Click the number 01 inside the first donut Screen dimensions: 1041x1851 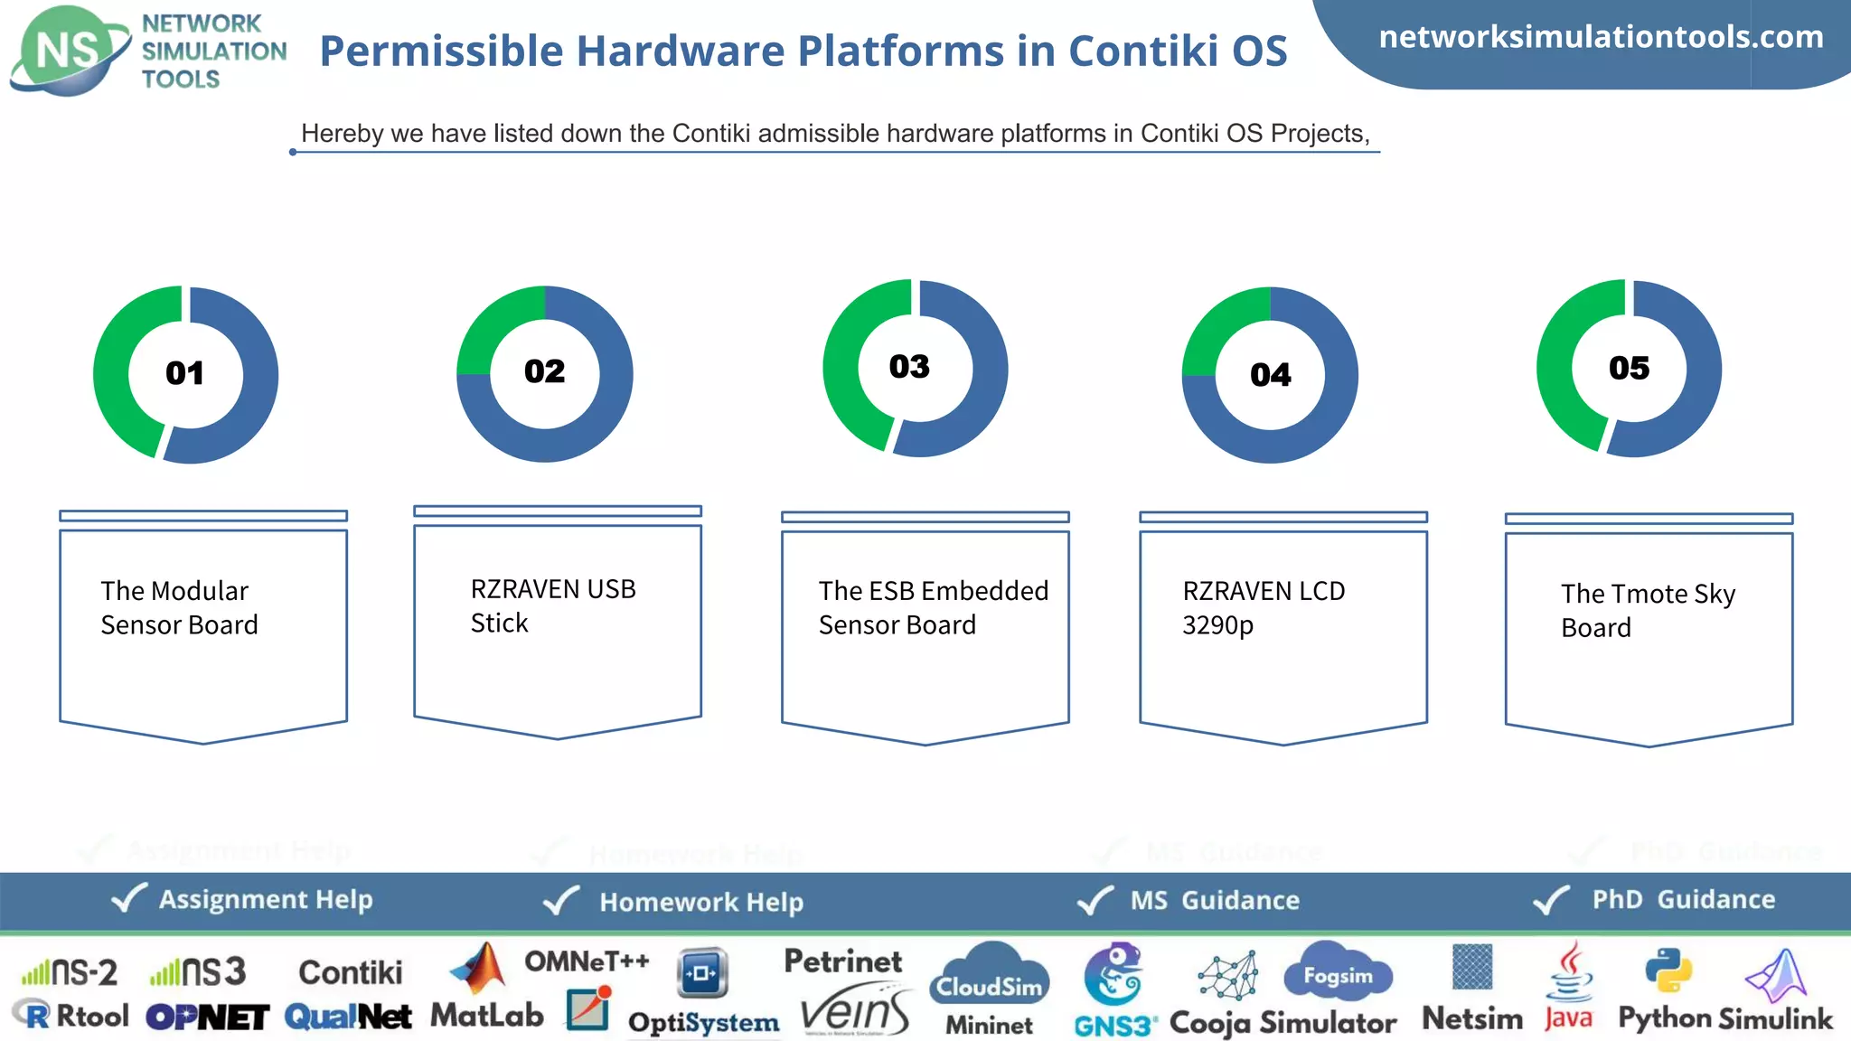184,373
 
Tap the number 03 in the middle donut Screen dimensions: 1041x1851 909,367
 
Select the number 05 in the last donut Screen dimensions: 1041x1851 1629,368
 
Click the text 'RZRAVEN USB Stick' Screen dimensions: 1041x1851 553,605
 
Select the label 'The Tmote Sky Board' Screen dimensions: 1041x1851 1648,610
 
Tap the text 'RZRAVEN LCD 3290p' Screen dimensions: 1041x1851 1264,607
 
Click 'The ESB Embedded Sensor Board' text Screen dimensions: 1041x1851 933,607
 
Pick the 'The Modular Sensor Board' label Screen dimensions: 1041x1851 179,607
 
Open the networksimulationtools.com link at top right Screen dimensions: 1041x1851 1601,37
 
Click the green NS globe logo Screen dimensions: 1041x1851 69,51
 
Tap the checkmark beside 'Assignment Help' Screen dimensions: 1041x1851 128,898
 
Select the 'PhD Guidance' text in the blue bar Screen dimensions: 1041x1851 1683,899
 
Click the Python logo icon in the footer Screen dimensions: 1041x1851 1668,971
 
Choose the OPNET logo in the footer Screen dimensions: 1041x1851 208,1018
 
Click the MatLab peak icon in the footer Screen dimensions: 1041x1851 481,969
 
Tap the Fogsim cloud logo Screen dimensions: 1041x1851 1338,974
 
